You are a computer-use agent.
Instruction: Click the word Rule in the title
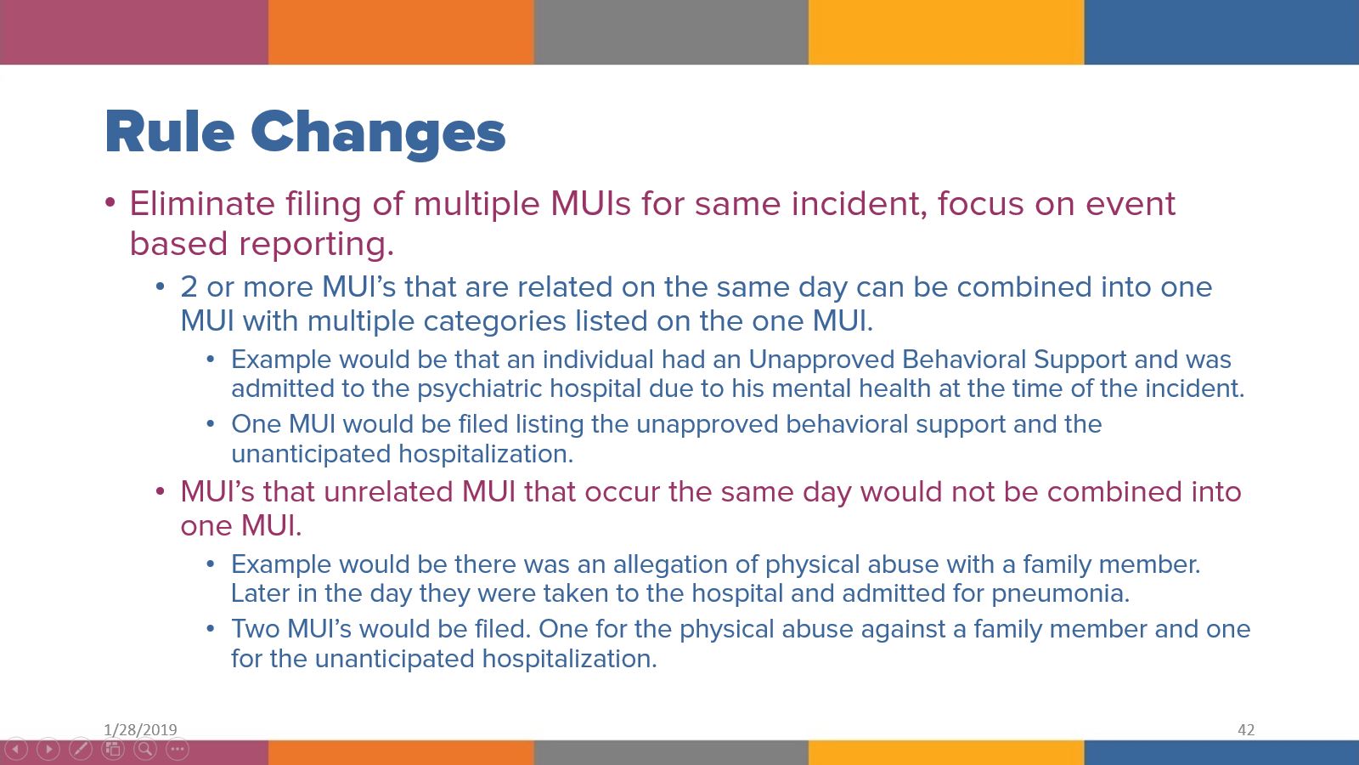pos(169,133)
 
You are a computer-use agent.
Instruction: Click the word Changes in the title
pos(378,133)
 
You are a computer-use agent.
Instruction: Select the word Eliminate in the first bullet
pos(202,204)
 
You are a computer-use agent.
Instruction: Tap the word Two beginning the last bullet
pos(255,629)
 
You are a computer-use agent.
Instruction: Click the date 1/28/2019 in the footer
pos(140,729)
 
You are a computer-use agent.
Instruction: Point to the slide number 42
pos(1246,729)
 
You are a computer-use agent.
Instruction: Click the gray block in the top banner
pos(671,32)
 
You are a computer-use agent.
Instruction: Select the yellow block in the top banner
pos(946,32)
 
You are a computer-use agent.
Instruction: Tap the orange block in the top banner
pos(401,32)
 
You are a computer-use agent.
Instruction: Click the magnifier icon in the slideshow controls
pos(145,749)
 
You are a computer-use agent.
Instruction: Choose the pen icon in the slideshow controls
pos(81,749)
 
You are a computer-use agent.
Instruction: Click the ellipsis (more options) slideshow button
pos(178,749)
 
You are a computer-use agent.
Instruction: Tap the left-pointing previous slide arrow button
pos(16,749)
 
